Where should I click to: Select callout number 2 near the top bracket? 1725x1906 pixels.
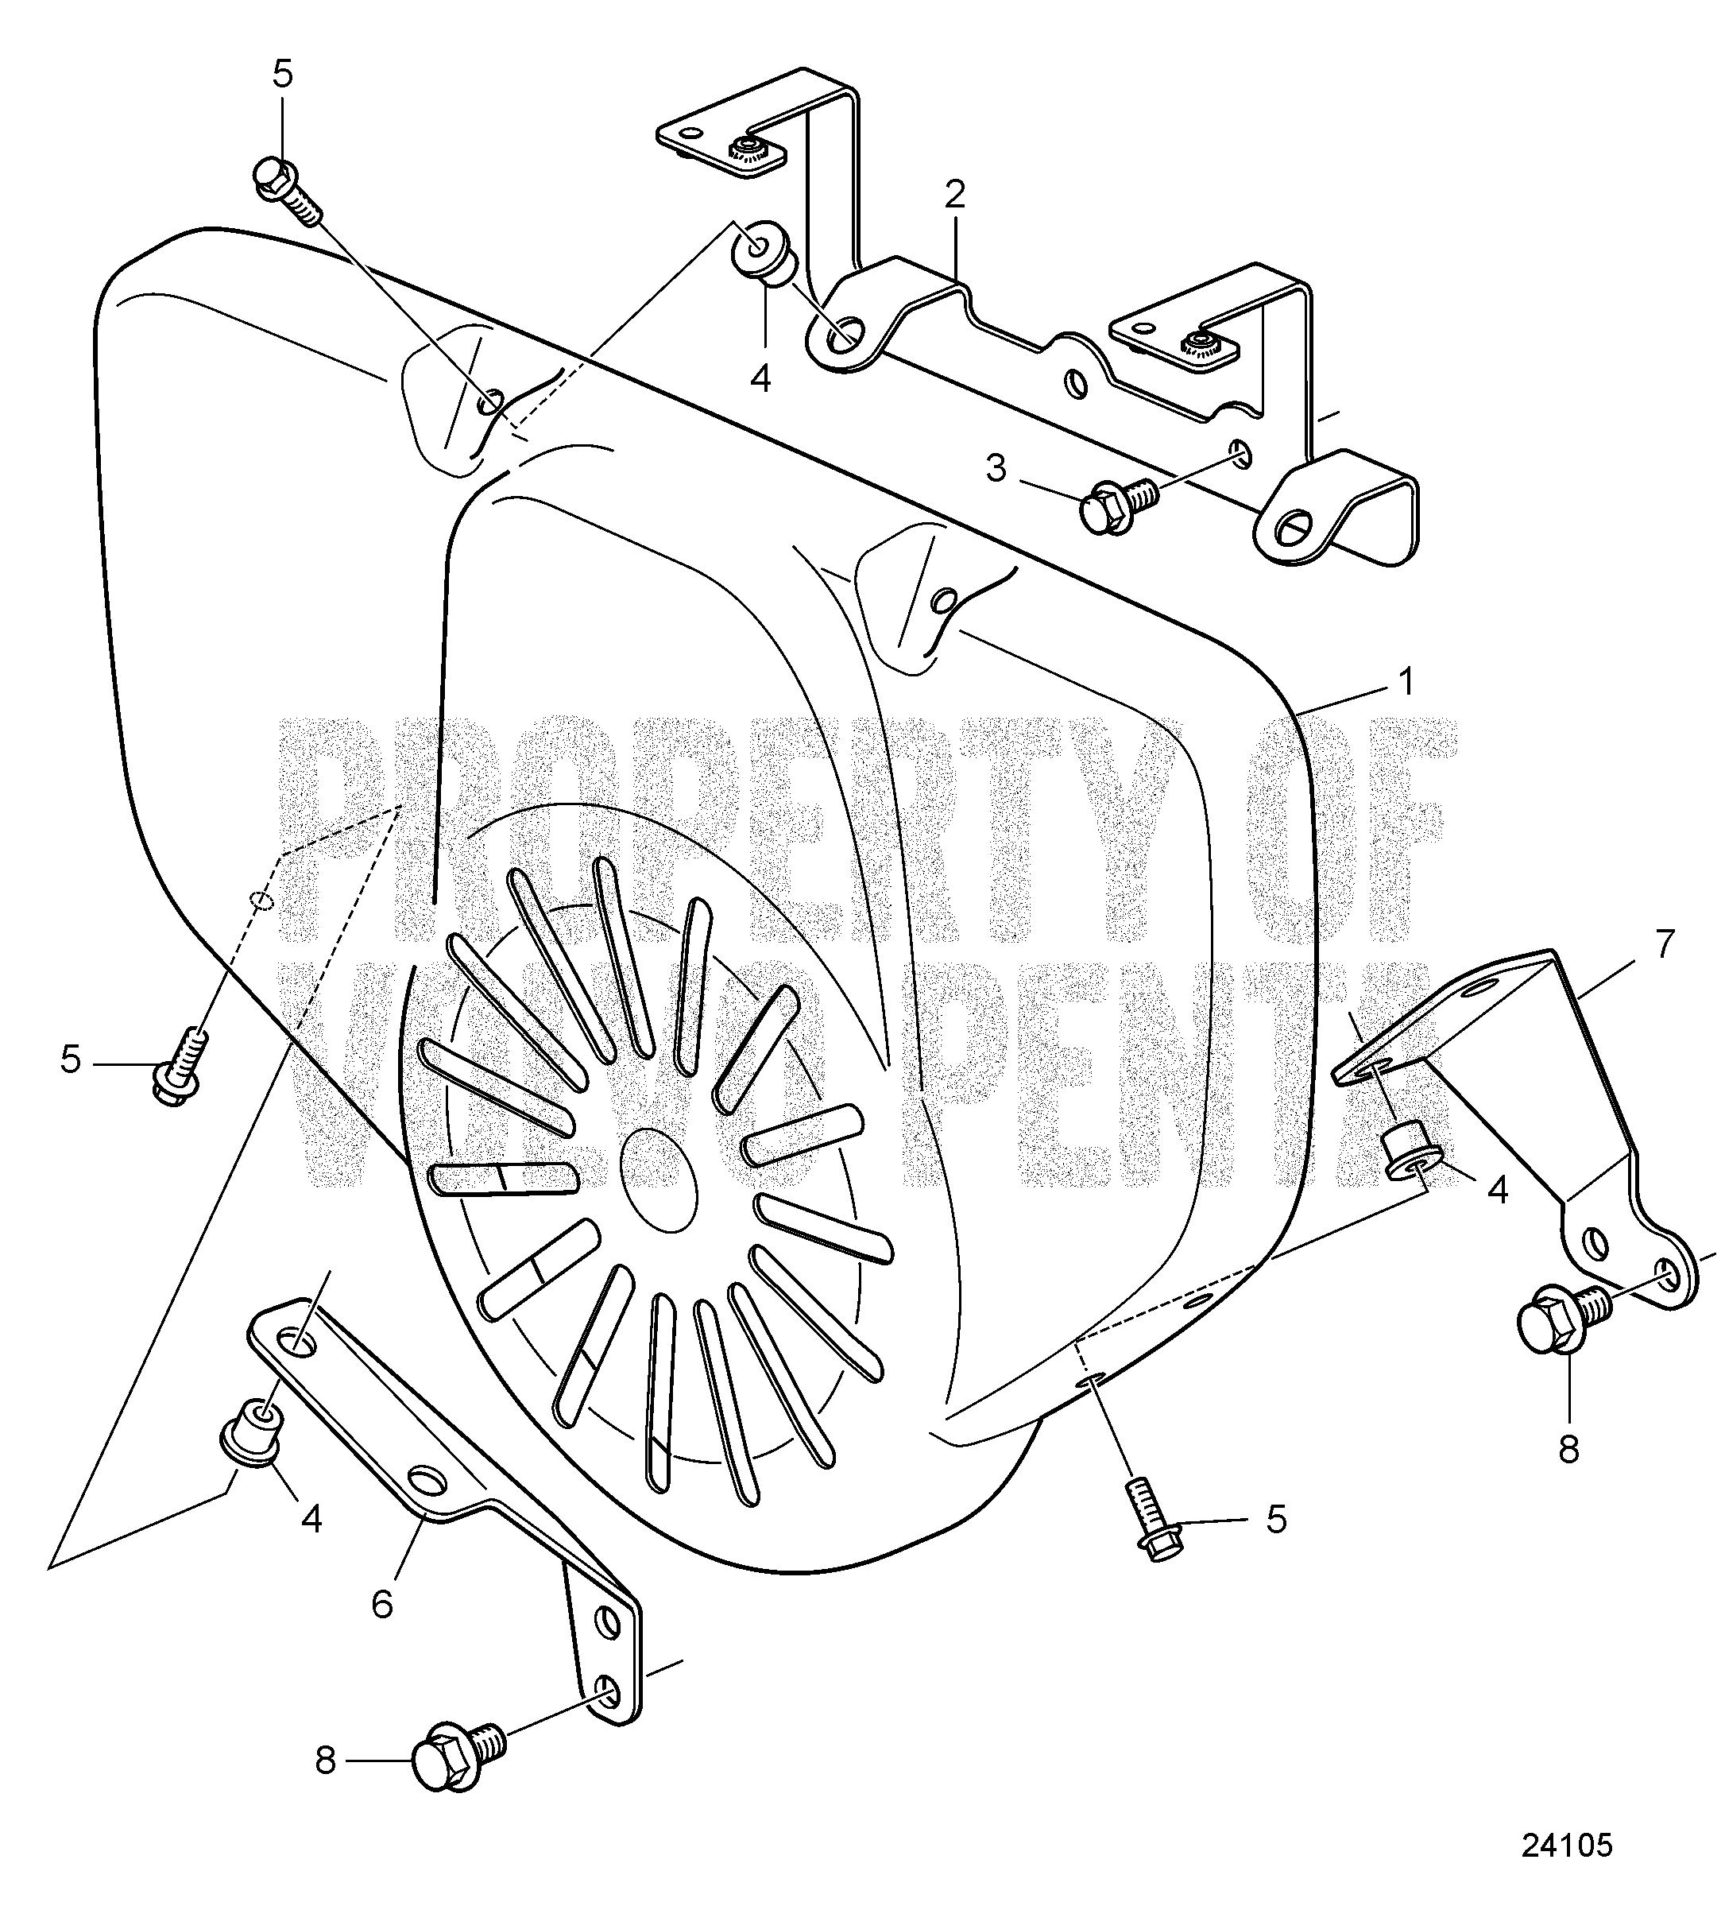(x=954, y=195)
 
